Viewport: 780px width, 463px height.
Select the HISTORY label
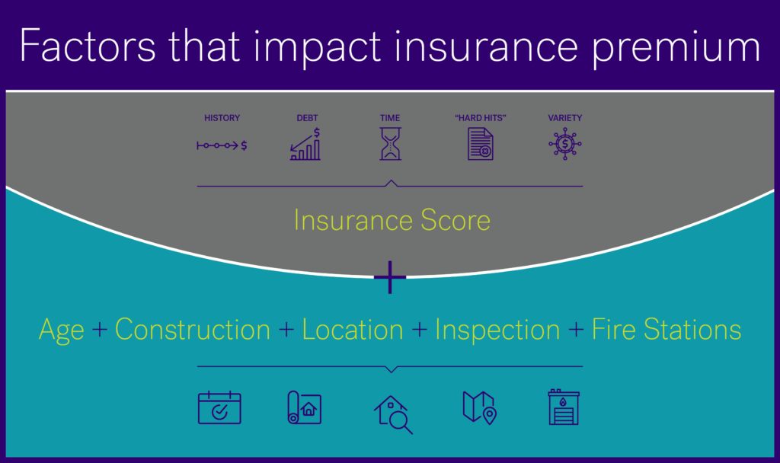point(222,118)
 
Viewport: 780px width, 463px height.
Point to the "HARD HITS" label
point(480,118)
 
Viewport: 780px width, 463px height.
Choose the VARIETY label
point(564,118)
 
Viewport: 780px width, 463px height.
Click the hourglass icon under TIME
point(390,144)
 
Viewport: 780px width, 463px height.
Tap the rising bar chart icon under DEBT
point(305,145)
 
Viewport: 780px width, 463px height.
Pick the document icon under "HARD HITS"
point(480,144)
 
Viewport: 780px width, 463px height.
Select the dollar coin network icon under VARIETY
point(564,145)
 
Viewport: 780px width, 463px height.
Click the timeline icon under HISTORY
point(222,145)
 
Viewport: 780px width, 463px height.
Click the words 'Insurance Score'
point(392,220)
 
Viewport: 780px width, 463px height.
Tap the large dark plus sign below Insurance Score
point(390,279)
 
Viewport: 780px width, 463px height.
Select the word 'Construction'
point(193,330)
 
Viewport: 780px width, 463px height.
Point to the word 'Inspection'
point(497,330)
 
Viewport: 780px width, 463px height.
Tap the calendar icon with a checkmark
point(219,408)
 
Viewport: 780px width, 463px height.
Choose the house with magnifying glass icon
point(393,414)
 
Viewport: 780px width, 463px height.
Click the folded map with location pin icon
point(479,408)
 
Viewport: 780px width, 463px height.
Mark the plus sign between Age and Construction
point(101,330)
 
